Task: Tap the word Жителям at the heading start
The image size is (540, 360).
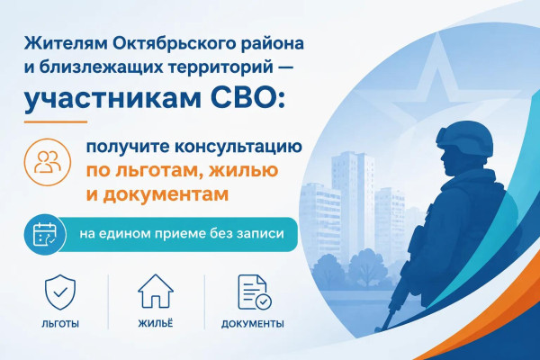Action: [x=65, y=44]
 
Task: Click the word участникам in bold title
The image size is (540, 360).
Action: [x=112, y=100]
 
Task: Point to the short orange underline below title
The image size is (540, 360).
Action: [x=56, y=121]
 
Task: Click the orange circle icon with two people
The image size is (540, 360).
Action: [x=48, y=162]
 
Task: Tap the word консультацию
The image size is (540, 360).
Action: [x=238, y=148]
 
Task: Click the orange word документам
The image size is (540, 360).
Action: [x=166, y=195]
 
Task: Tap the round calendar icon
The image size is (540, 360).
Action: [x=45, y=234]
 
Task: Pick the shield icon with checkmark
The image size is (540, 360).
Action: [x=60, y=292]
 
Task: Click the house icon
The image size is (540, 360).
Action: [x=156, y=291]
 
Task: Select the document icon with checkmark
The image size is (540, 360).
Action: [x=255, y=292]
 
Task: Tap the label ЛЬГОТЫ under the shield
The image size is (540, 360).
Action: [x=60, y=324]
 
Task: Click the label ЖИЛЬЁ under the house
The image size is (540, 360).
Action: [x=156, y=323]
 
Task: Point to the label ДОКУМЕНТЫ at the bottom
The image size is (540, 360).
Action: [x=253, y=324]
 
